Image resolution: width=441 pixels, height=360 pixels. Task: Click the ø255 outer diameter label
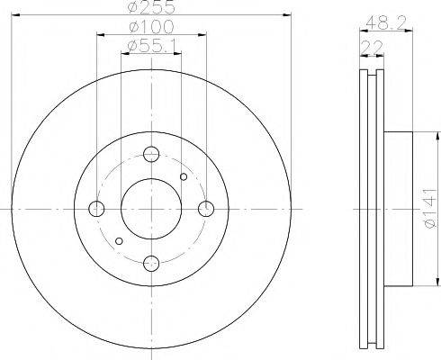[151, 6]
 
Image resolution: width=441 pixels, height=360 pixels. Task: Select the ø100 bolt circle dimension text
[151, 26]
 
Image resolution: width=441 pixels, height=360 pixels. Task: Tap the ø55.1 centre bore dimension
[151, 44]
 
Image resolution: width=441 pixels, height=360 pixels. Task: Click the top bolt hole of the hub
[151, 154]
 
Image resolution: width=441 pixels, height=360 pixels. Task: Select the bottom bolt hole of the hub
[151, 263]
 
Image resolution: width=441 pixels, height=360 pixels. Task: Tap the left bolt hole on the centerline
[97, 209]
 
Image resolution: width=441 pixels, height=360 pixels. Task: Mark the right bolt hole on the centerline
[206, 209]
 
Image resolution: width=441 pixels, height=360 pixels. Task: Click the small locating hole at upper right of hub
[183, 177]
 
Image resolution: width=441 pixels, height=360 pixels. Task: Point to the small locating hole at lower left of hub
[120, 240]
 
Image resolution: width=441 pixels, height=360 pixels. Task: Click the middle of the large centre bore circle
[151, 209]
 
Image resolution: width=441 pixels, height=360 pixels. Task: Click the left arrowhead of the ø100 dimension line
[99, 34]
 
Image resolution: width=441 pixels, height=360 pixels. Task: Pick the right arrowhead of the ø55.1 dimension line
[180, 52]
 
